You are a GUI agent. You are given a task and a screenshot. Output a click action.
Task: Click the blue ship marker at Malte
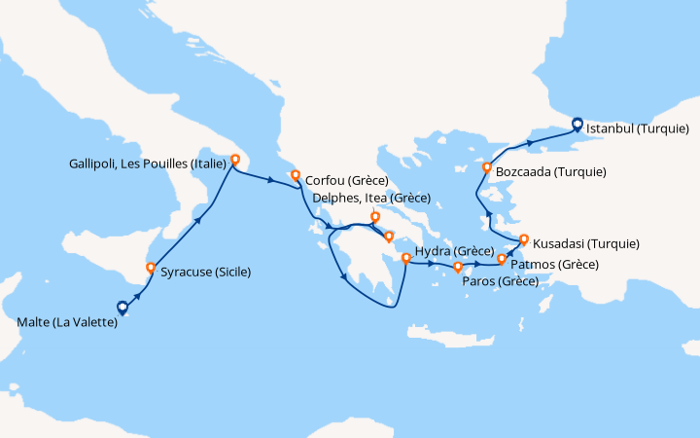coord(122,308)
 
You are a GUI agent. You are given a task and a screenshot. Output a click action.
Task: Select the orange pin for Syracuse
coord(150,268)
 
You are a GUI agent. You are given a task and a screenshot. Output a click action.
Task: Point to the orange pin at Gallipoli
coord(234,160)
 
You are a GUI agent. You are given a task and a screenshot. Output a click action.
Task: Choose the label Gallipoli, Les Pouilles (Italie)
coord(144,164)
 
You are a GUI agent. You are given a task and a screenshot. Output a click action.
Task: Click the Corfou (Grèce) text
coord(347,180)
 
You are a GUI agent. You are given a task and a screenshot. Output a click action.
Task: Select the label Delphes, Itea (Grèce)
coord(371,198)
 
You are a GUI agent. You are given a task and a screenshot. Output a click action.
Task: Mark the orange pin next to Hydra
coord(405,258)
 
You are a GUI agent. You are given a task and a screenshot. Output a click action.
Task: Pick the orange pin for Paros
coord(457,267)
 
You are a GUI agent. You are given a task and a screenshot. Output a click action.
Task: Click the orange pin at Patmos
coord(502,260)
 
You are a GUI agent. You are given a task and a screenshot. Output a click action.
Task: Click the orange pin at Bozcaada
coord(487,168)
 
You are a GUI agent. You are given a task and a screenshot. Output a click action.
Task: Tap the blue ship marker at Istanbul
coord(577,124)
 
